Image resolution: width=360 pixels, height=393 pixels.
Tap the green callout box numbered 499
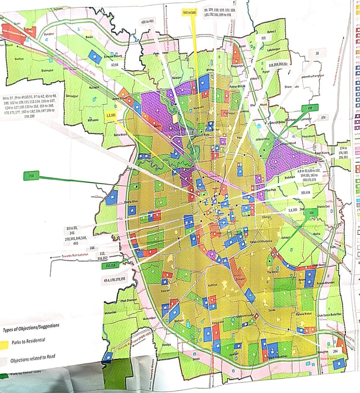click(310, 108)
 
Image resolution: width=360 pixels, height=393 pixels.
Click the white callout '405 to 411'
click(148, 22)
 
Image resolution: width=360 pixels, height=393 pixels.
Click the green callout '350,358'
click(111, 264)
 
